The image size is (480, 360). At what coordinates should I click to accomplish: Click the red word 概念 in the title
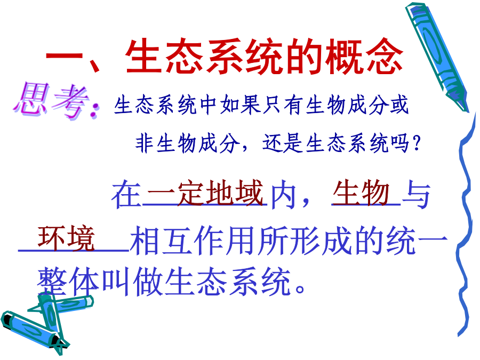click(364, 57)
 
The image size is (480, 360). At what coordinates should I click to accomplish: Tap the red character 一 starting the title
click(64, 57)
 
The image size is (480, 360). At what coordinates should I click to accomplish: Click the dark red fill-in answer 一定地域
click(205, 193)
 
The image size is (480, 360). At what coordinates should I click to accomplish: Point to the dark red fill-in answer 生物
click(361, 193)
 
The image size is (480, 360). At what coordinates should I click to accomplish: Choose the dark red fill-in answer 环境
click(66, 239)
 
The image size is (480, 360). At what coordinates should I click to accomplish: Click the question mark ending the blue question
click(416, 143)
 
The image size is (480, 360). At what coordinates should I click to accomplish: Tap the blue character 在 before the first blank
click(126, 195)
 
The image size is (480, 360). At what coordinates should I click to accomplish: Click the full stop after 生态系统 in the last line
click(300, 289)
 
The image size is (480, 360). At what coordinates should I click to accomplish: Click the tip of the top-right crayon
click(466, 110)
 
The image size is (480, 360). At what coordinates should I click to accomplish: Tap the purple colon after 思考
click(94, 110)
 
